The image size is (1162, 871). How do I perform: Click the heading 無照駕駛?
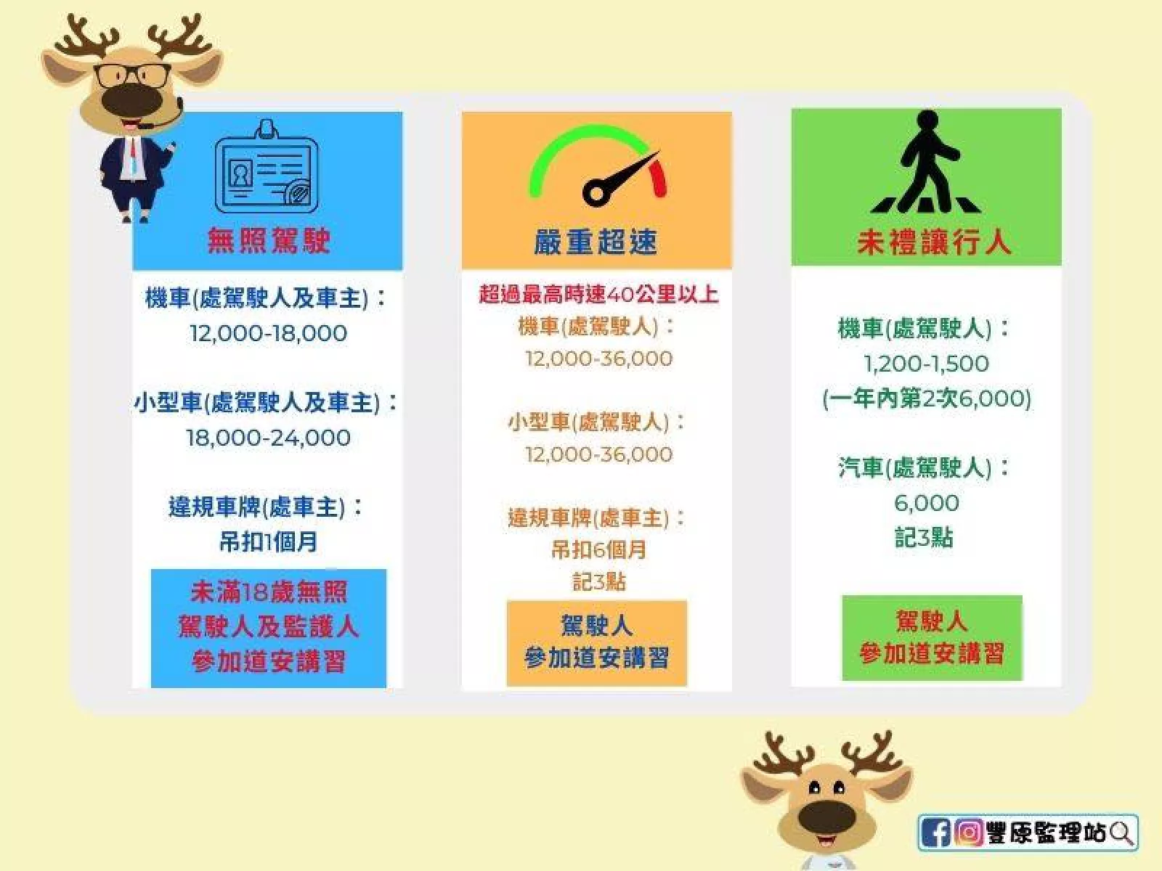pyautogui.click(x=269, y=241)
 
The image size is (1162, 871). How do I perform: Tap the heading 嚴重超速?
pyautogui.click(x=596, y=242)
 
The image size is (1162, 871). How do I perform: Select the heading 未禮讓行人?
pyautogui.click(x=934, y=242)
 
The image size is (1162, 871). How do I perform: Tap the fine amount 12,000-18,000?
pyautogui.click(x=269, y=333)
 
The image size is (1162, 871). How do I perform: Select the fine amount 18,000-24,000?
pyautogui.click(x=268, y=438)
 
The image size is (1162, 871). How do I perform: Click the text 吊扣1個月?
pyautogui.click(x=269, y=541)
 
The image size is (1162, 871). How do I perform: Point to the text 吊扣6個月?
pyautogui.click(x=598, y=550)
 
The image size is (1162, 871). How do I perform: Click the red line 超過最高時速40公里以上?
pyautogui.click(x=598, y=294)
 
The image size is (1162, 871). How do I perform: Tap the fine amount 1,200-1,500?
pyautogui.click(x=926, y=364)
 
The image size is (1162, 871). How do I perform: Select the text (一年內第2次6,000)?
pyautogui.click(x=927, y=398)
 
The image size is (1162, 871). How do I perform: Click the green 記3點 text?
pyautogui.click(x=924, y=538)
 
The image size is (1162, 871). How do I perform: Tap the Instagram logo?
pyautogui.click(x=969, y=833)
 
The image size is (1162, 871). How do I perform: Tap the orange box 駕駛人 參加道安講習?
pyautogui.click(x=597, y=642)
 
